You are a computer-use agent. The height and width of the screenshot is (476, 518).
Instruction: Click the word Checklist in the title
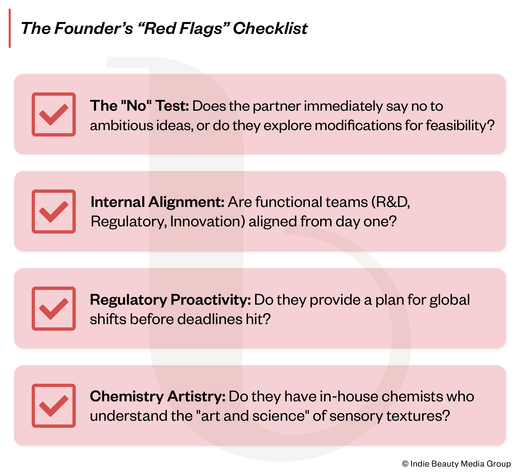(x=270, y=28)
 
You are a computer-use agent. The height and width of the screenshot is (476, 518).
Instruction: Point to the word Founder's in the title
(x=93, y=28)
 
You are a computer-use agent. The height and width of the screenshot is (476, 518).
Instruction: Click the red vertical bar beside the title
(x=10, y=28)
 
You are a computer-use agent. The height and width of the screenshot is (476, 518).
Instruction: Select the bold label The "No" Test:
(x=139, y=106)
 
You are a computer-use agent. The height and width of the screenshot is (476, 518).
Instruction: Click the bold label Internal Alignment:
(x=157, y=202)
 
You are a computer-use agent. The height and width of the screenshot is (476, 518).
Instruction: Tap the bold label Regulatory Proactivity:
(x=170, y=300)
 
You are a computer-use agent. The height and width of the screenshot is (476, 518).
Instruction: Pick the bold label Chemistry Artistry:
(x=158, y=396)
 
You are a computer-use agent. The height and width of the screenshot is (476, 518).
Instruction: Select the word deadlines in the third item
(x=210, y=319)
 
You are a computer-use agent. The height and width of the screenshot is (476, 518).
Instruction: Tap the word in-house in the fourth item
(x=349, y=396)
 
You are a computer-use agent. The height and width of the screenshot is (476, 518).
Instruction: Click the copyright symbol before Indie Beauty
(x=405, y=464)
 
